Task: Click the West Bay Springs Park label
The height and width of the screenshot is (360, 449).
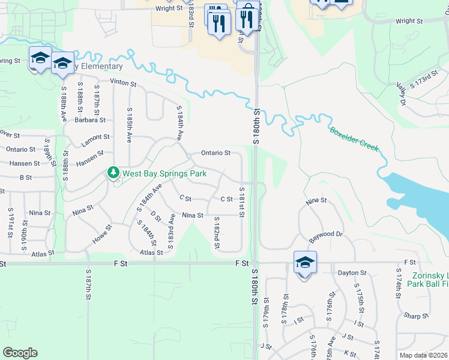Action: (164, 173)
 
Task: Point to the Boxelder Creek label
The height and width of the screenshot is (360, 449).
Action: (354, 139)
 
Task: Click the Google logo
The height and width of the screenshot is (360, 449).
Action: (20, 353)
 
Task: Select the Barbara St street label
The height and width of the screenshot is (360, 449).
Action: (91, 119)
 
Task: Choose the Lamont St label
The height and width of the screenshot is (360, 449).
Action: (95, 137)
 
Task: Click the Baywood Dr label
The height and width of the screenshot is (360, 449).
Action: (325, 235)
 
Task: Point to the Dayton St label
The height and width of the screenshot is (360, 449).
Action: (351, 273)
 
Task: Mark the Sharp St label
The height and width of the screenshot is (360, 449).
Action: (415, 315)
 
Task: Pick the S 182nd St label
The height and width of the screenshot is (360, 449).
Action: (217, 233)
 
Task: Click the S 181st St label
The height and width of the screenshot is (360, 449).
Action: (243, 202)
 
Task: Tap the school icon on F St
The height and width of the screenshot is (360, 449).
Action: (305, 262)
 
